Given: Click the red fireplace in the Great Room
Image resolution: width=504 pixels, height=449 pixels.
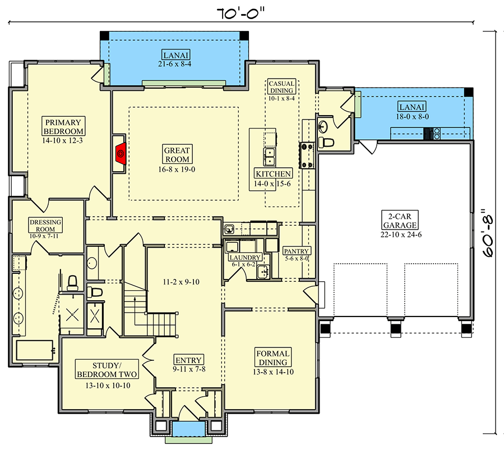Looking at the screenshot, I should pyautogui.click(x=119, y=152).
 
